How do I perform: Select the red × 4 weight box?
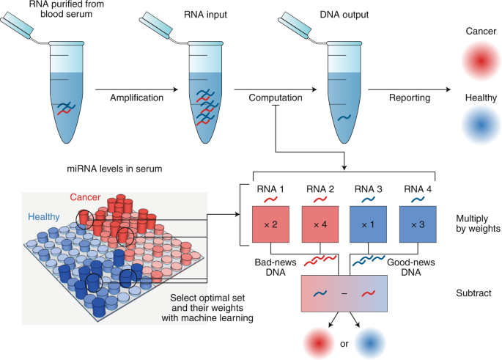click(x=320, y=224)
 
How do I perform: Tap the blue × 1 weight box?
click(x=370, y=224)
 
